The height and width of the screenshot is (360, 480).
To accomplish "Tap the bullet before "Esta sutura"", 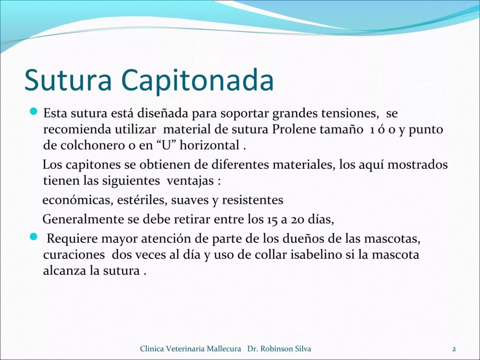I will (x=33, y=112).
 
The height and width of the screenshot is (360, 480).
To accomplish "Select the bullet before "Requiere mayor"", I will (x=33, y=237).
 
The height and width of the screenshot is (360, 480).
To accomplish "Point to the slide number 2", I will (x=454, y=349).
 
